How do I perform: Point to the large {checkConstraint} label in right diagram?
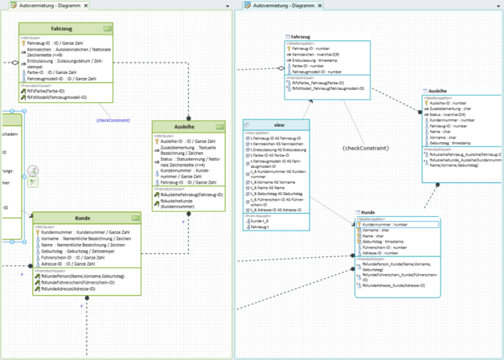366,148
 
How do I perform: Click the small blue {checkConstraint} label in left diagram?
113,120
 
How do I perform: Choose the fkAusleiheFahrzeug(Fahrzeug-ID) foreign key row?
192,195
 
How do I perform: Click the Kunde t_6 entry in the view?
259,221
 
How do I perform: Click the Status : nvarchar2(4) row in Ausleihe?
451,114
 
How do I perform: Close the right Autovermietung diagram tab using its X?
320,5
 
